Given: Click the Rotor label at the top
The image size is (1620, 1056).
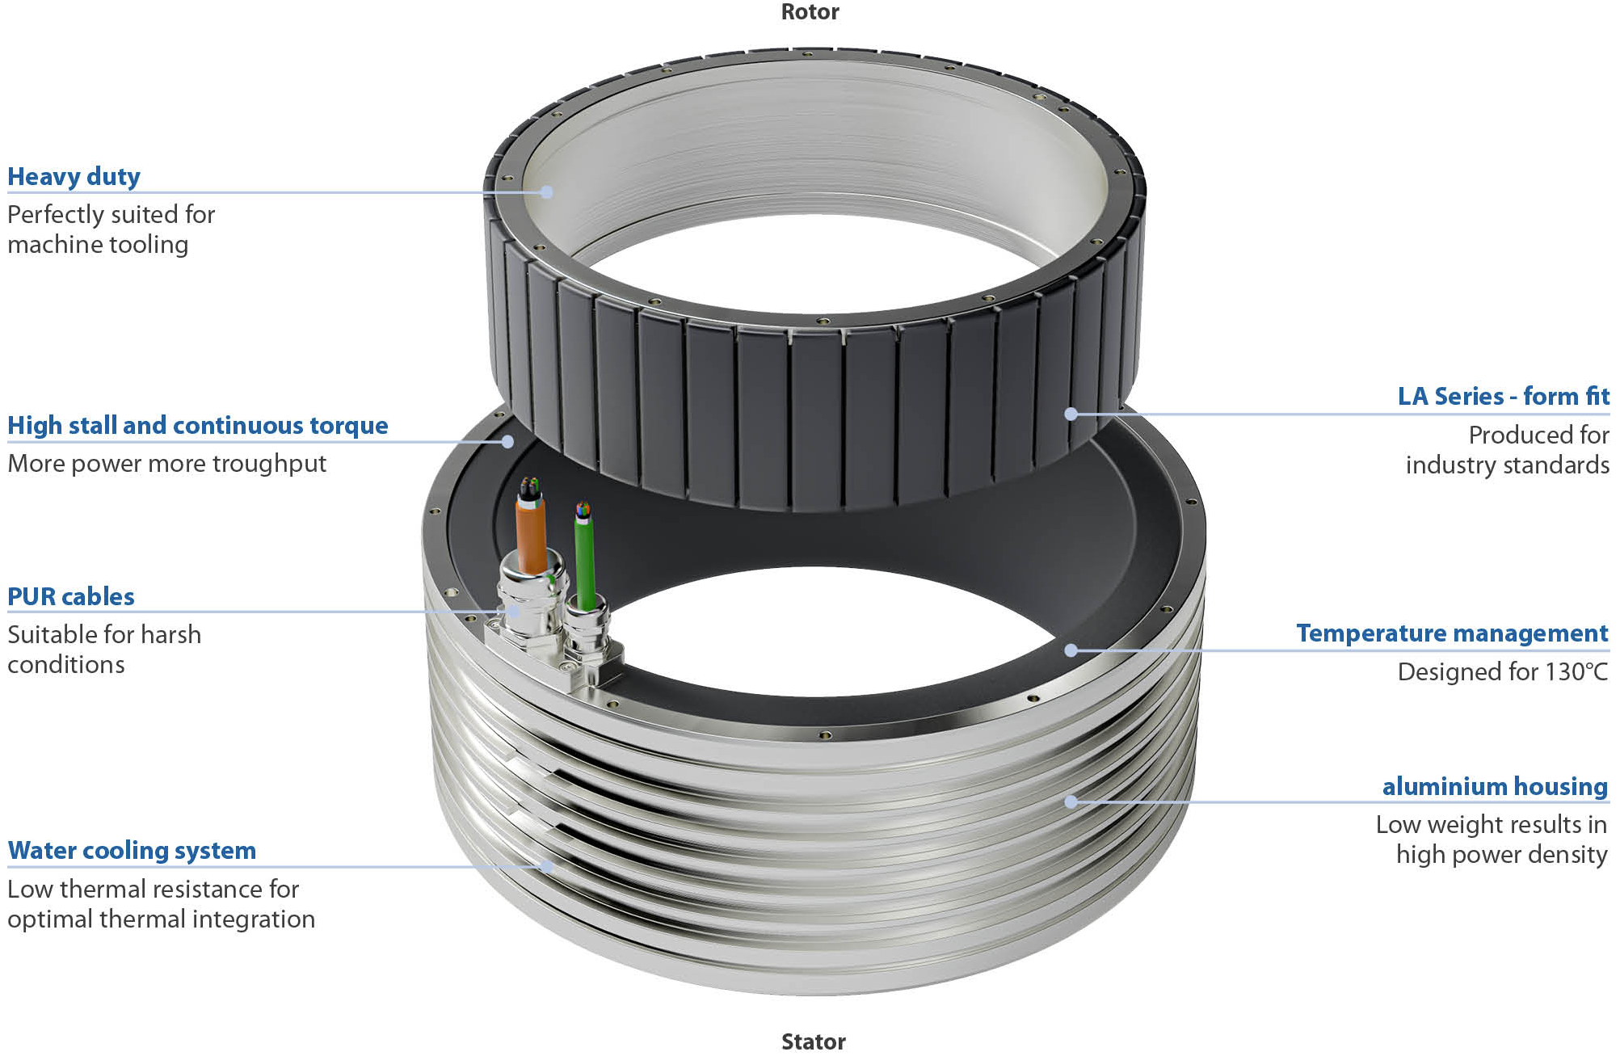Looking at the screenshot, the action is [x=810, y=12].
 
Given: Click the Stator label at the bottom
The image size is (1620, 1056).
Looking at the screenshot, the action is [x=814, y=1041].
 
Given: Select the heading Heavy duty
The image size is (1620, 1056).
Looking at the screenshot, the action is [x=74, y=176].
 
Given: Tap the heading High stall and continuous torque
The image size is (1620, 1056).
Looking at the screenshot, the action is [x=198, y=425].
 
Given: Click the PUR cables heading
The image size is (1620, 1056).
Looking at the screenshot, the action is [x=71, y=596].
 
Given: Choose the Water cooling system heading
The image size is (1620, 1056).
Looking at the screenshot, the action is [x=132, y=850].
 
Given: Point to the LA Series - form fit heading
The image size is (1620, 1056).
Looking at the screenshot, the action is [x=1504, y=396].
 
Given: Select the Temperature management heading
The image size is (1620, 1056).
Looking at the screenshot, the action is [x=1452, y=633].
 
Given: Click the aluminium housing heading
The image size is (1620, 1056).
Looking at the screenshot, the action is [x=1495, y=786].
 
